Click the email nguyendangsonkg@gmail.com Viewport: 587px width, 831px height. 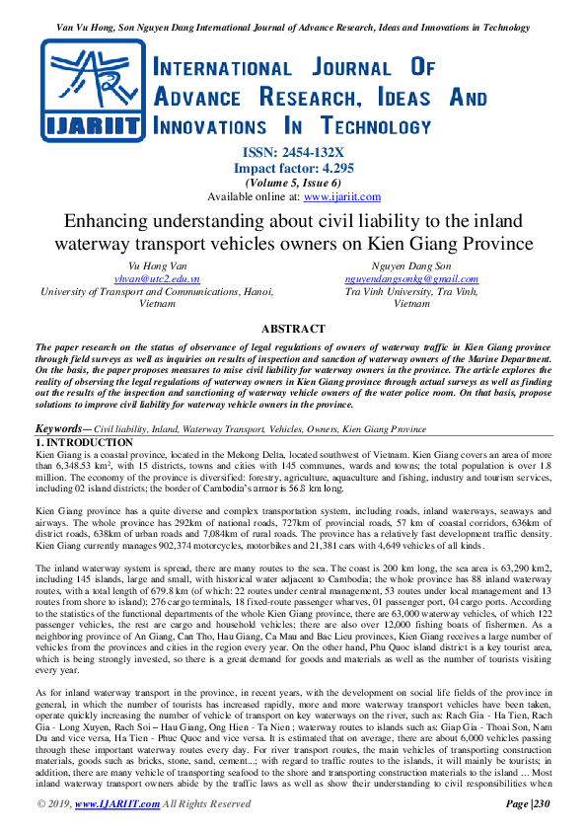coord(411,279)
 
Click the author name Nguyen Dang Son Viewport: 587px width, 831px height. coord(411,266)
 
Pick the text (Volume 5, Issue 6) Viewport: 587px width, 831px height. coord(293,183)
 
